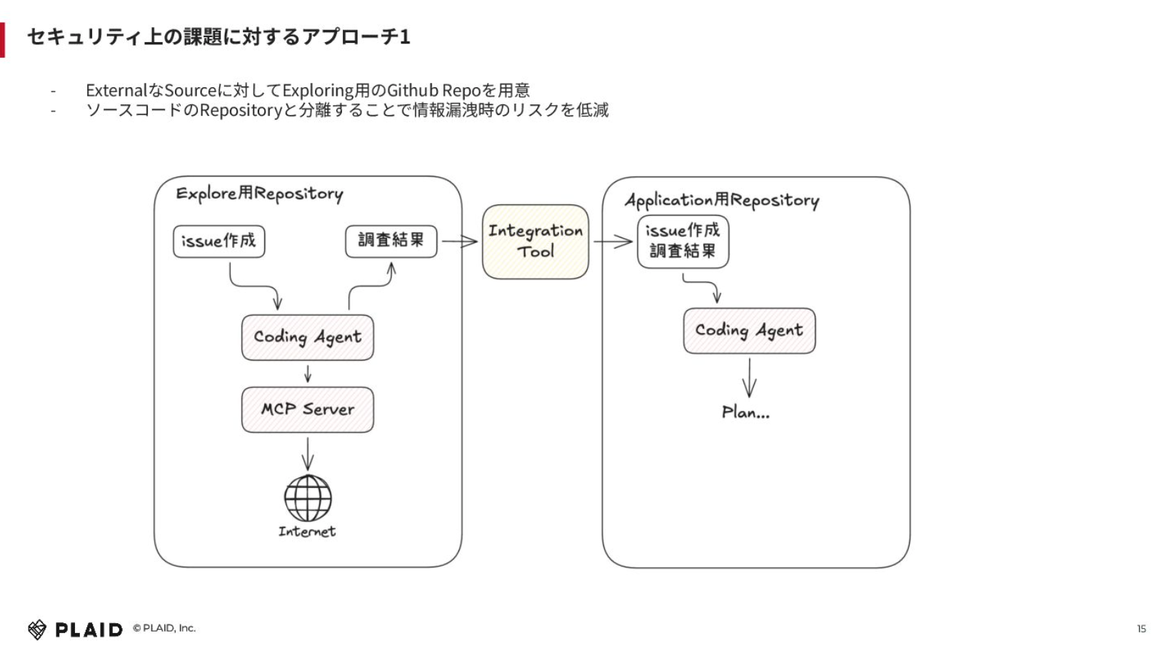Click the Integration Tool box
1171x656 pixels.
[536, 242]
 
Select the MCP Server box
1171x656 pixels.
[307, 409]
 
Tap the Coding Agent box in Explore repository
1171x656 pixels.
[307, 337]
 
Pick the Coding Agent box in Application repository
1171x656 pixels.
[749, 331]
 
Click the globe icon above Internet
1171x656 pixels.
[308, 498]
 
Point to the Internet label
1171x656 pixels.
[307, 532]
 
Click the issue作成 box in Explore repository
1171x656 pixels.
[219, 241]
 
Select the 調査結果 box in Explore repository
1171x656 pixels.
[391, 241]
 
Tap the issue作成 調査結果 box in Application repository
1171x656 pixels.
[683, 242]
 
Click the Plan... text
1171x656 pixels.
[745, 413]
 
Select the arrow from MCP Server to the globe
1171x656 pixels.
[308, 454]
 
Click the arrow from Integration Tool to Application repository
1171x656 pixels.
[613, 242]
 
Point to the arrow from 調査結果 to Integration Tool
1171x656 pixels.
[460, 242]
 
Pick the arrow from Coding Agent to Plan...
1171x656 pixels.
[749, 378]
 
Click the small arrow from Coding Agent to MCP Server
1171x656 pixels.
[308, 374]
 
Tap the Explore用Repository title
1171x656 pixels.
[259, 194]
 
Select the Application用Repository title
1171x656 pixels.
[722, 200]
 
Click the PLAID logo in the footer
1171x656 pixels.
[75, 630]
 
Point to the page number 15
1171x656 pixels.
[1141, 628]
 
